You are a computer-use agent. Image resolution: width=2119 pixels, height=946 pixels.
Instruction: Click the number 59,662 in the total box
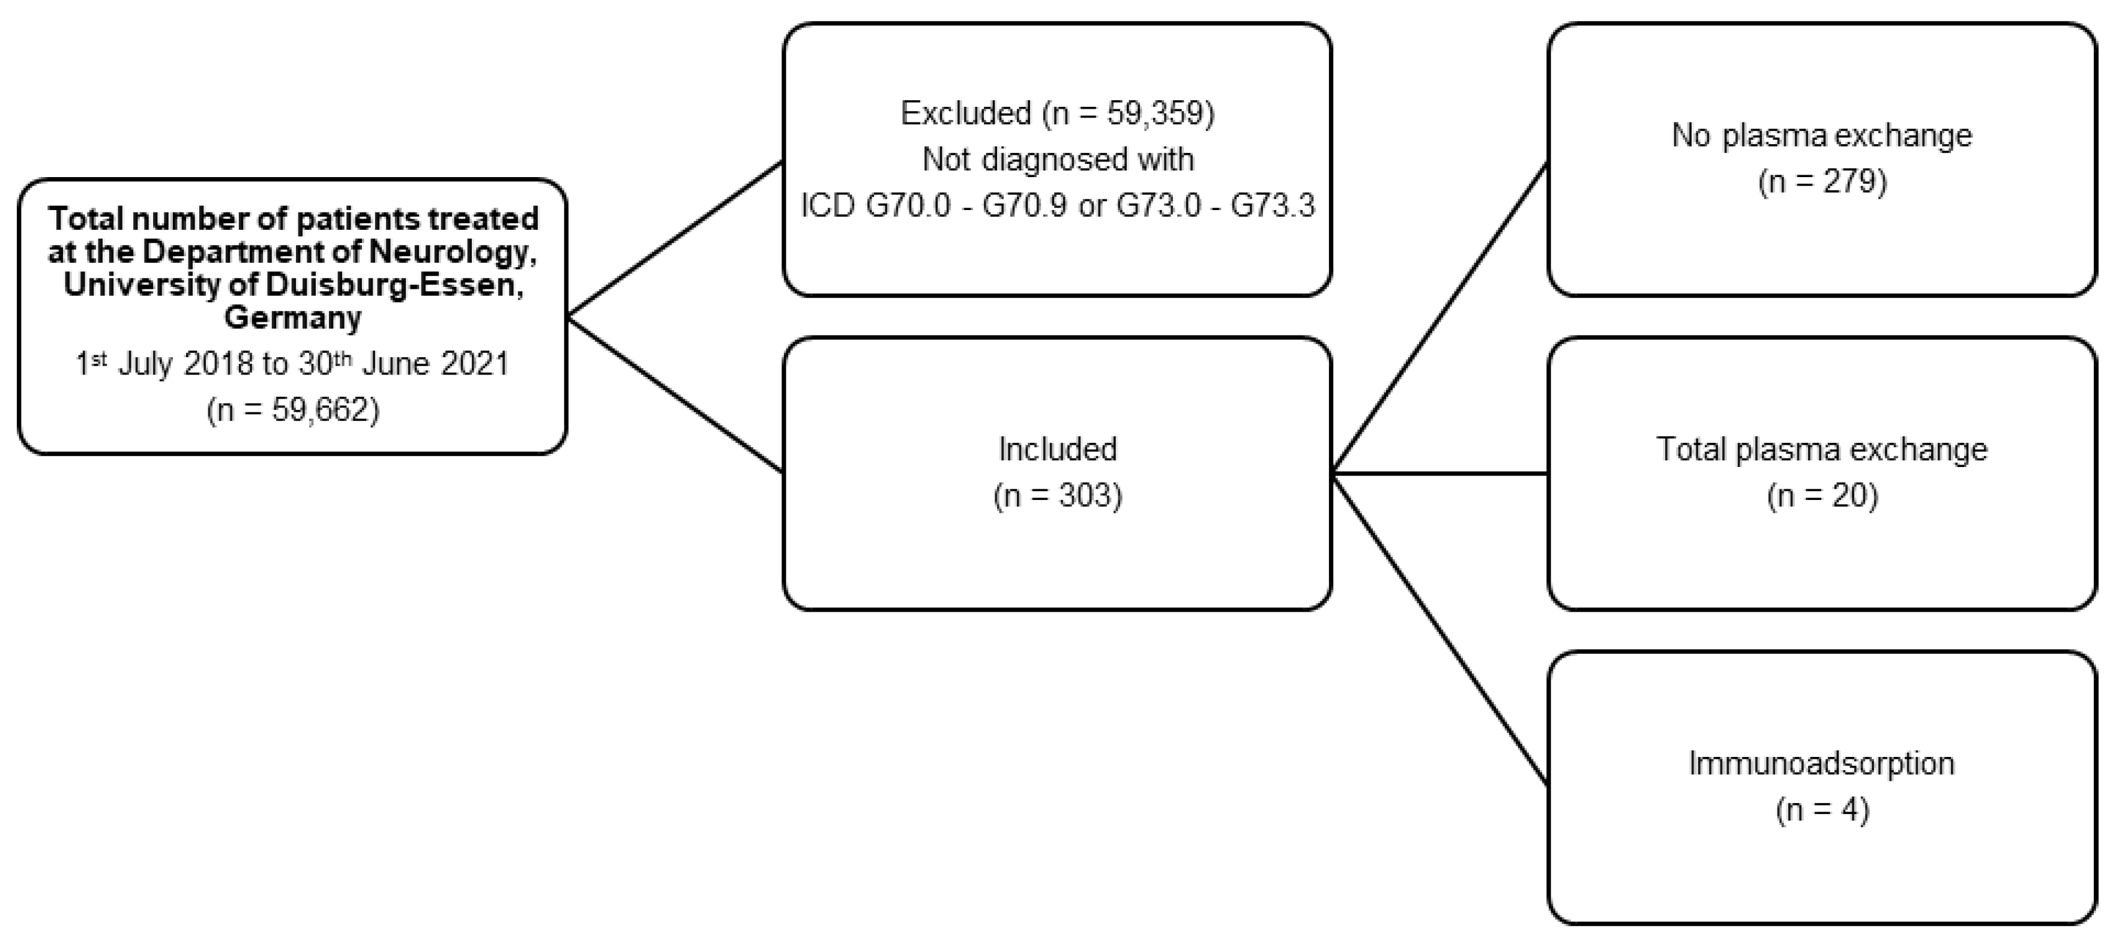(x=322, y=409)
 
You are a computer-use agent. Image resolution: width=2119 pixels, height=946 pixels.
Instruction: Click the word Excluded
(x=966, y=113)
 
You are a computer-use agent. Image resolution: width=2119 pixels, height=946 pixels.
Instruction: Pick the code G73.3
(x=1272, y=205)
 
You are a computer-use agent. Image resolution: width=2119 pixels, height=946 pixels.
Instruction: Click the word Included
(x=1057, y=449)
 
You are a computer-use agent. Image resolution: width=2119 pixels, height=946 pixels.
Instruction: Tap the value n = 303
(x=1057, y=495)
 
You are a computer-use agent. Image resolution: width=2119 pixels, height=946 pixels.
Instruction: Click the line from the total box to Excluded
(x=675, y=238)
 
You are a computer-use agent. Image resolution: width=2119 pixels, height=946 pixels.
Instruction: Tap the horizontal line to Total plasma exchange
(x=1439, y=474)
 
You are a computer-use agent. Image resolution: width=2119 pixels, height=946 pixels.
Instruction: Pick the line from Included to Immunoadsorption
(x=1439, y=629)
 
